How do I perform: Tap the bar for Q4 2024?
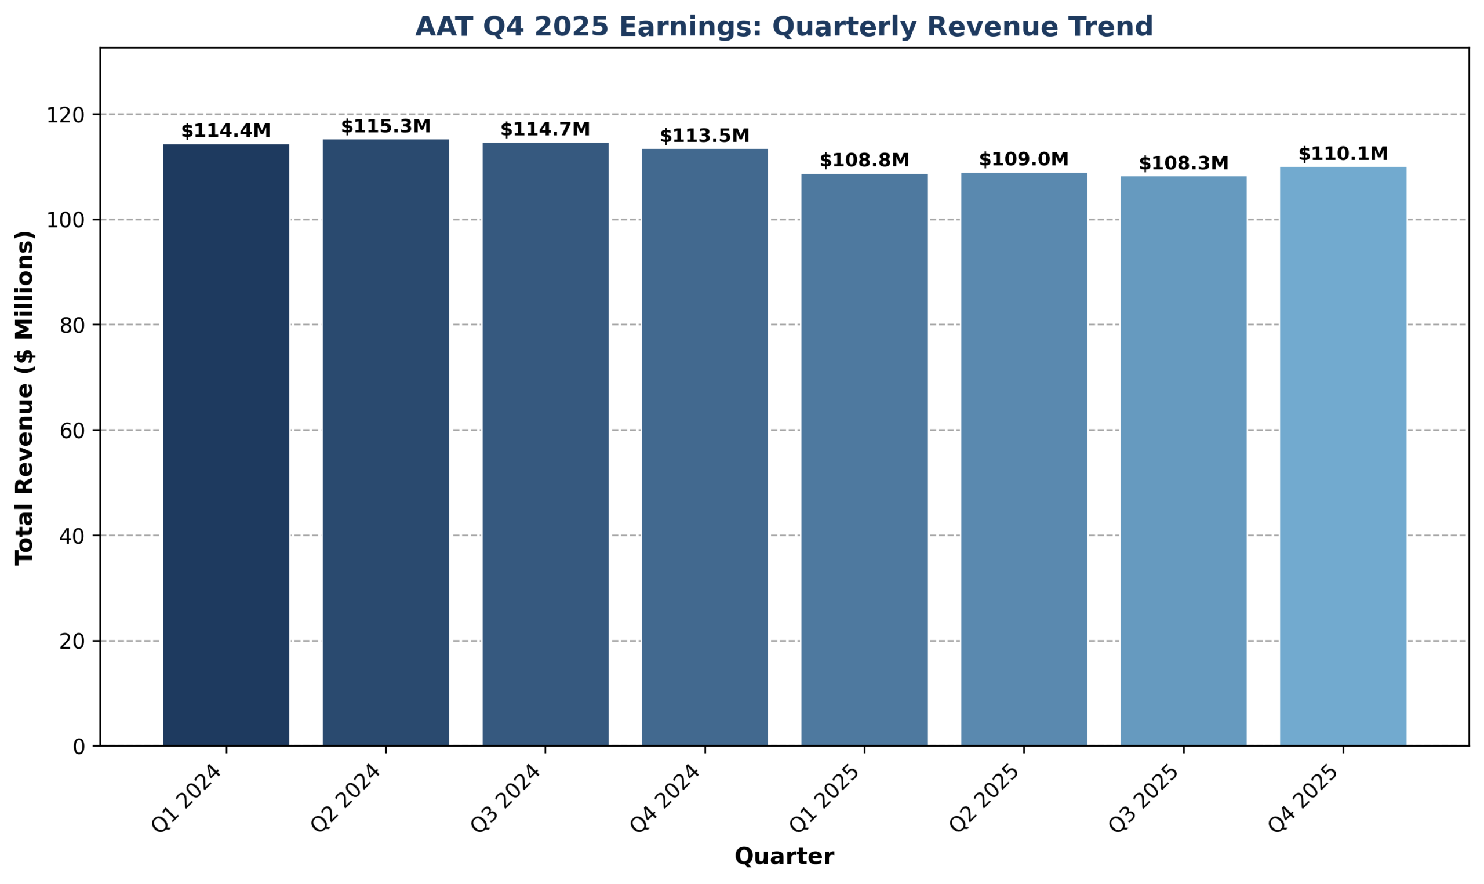(x=705, y=447)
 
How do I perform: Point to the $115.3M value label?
(x=386, y=126)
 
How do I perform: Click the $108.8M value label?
(x=865, y=160)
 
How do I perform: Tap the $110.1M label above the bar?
(x=1343, y=154)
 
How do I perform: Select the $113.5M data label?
(x=705, y=136)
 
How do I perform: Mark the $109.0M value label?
(x=1024, y=159)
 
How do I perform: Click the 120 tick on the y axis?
(x=66, y=114)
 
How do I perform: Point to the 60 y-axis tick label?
(x=71, y=430)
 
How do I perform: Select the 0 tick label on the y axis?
(x=79, y=747)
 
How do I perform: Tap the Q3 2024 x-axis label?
(x=506, y=798)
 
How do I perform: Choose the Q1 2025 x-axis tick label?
(x=825, y=798)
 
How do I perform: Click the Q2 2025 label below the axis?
(x=985, y=798)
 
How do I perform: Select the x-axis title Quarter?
(x=784, y=857)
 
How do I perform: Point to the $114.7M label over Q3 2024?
(x=545, y=129)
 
